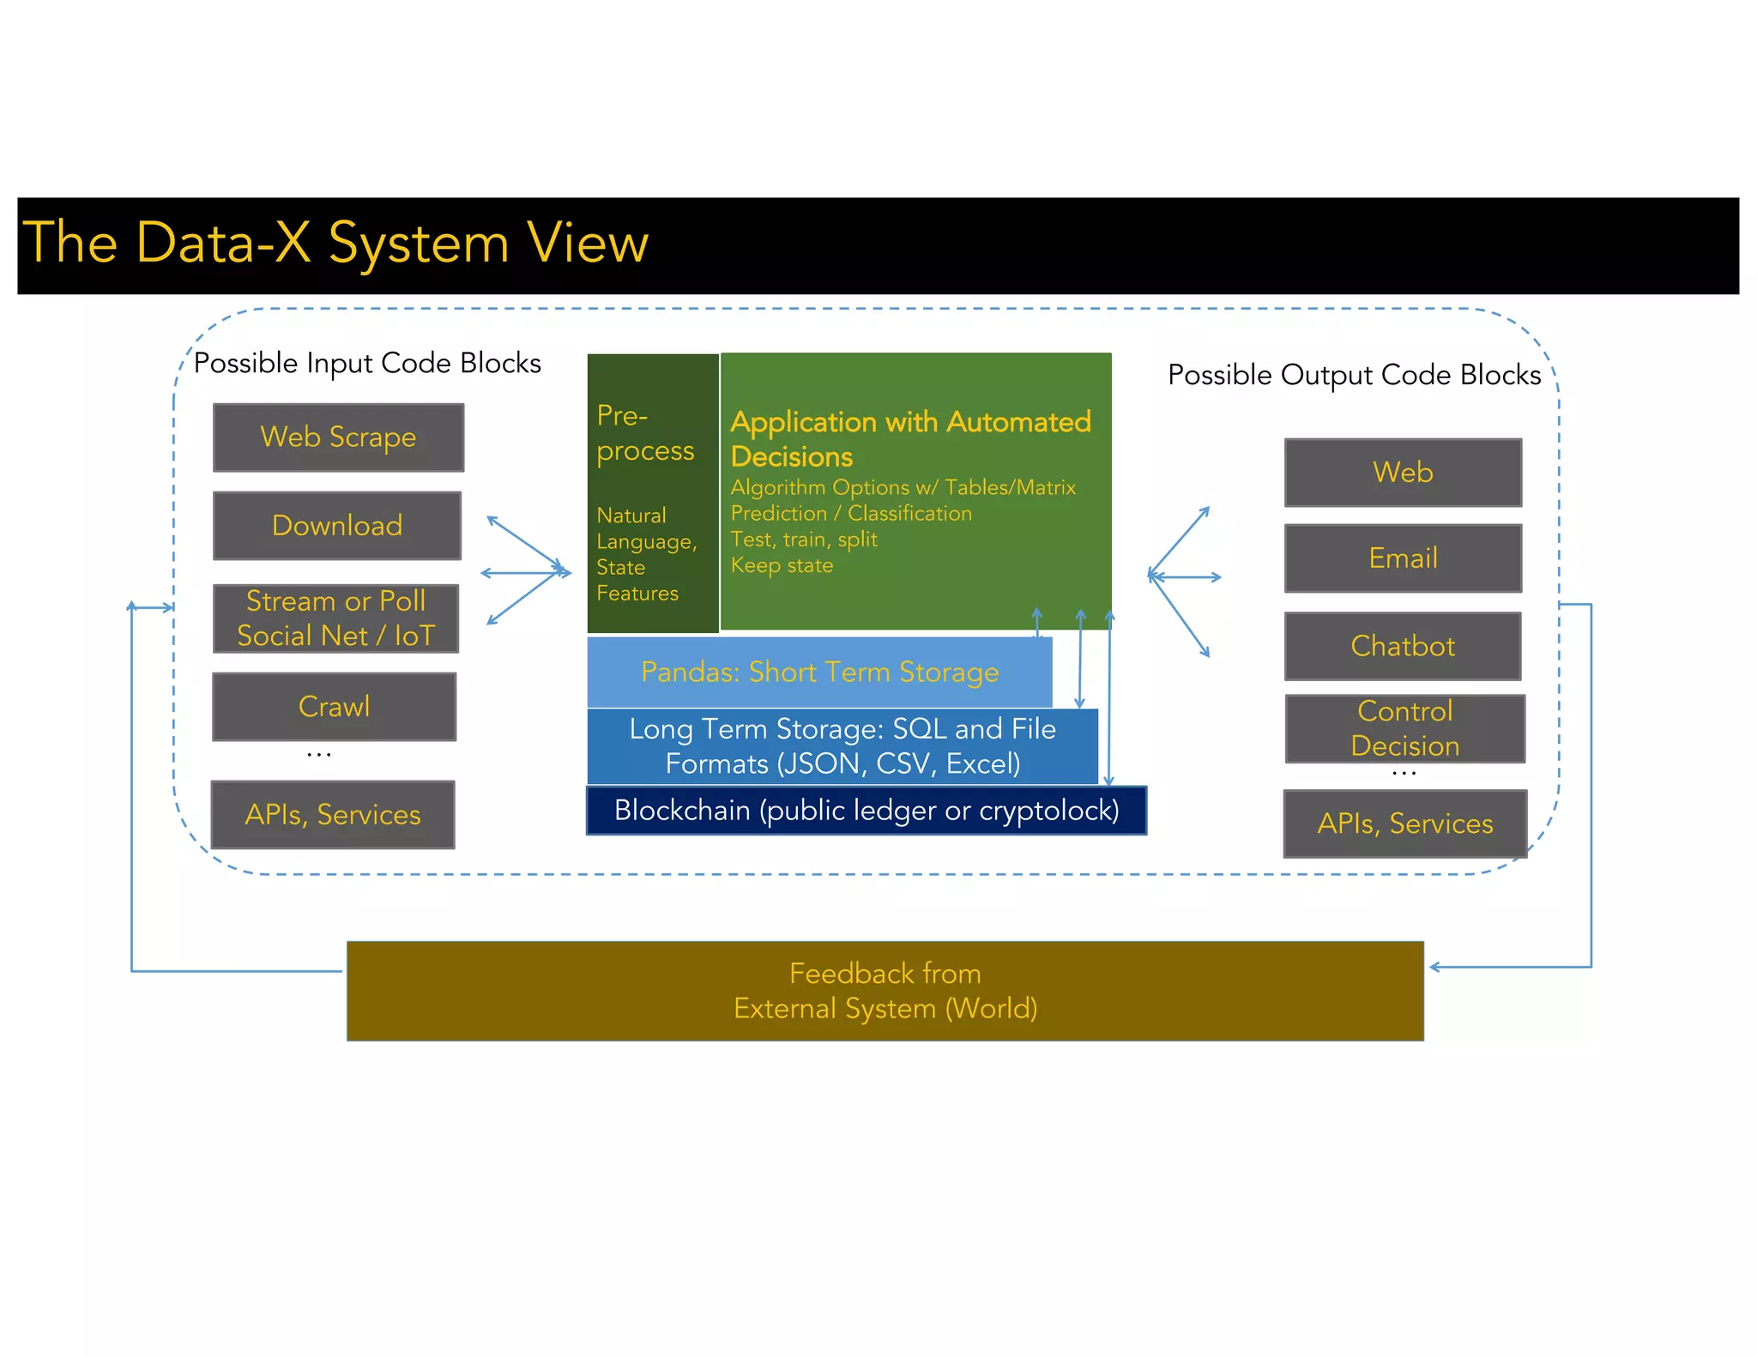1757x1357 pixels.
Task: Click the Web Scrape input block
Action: pos(338,437)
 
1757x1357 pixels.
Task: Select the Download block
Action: pos(336,526)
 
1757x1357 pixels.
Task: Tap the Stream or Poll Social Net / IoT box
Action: pos(335,618)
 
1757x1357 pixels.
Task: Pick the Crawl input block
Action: pos(334,707)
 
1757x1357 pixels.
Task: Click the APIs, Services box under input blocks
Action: pos(333,815)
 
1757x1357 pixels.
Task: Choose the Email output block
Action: pos(1403,558)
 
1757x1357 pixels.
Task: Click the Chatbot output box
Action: pos(1403,646)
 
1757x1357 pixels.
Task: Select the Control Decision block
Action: pos(1404,728)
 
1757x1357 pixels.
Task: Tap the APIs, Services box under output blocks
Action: pos(1404,823)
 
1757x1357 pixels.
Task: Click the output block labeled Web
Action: pos(1403,473)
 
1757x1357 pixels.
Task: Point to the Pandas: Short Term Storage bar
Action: pos(819,672)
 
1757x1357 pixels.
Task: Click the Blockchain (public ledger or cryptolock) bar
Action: pos(866,811)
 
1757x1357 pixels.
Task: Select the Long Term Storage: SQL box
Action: pos(842,746)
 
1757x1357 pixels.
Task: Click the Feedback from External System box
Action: pos(885,991)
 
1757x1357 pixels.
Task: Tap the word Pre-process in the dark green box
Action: pos(644,433)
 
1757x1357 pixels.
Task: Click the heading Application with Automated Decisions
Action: pos(909,438)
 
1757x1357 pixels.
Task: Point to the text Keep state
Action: pos(782,565)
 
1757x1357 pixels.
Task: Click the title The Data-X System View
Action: pos(335,243)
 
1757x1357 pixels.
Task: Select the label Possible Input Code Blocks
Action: pos(367,364)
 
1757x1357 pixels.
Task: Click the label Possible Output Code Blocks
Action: pos(1354,375)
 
